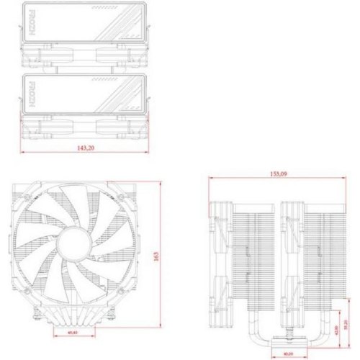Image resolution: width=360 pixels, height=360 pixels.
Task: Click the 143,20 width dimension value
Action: [85, 147]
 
